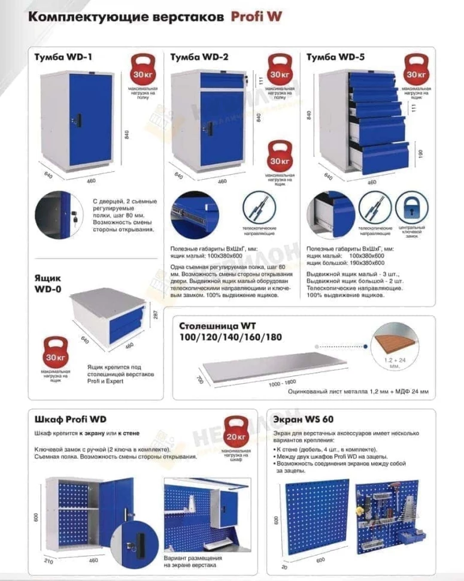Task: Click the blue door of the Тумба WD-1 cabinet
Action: [91, 119]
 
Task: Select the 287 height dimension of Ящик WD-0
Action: [155, 314]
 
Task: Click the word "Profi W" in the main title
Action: [256, 17]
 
